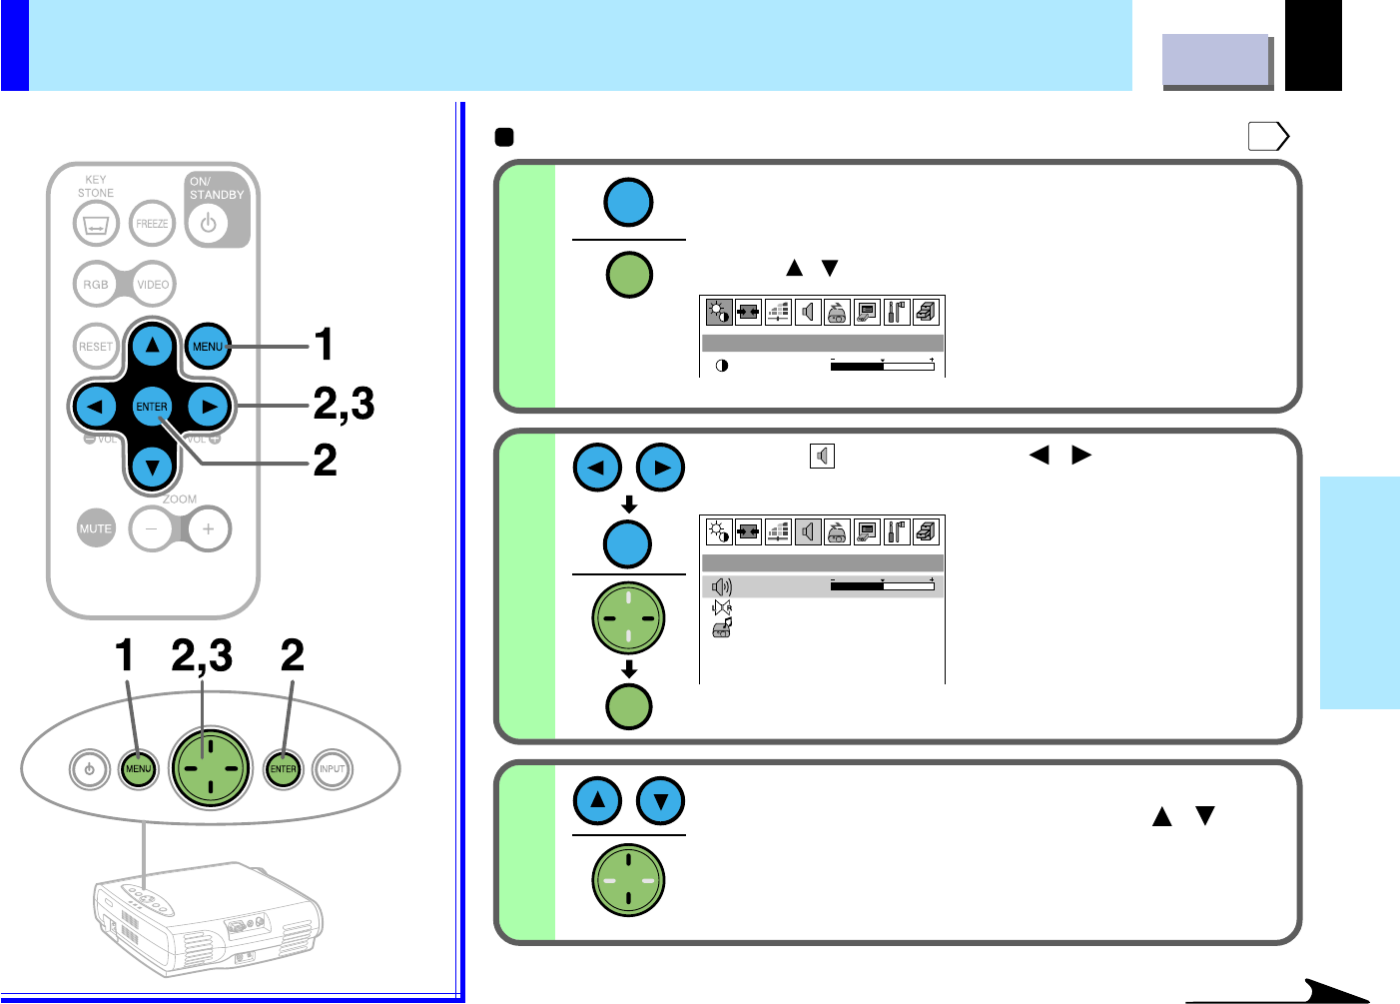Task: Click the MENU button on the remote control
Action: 208,347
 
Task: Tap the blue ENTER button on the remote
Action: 152,407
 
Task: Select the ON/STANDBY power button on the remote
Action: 208,224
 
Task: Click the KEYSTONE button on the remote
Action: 96,225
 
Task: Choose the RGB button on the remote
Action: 96,285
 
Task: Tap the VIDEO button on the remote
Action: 153,285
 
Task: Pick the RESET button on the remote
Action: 96,347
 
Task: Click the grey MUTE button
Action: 96,528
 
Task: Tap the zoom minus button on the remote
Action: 152,528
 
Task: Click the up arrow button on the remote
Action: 152,347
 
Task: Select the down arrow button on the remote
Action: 152,466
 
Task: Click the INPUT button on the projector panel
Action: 332,769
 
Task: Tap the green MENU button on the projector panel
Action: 138,769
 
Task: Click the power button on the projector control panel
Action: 90,769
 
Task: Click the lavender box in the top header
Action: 1215,60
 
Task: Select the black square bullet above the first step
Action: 504,137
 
